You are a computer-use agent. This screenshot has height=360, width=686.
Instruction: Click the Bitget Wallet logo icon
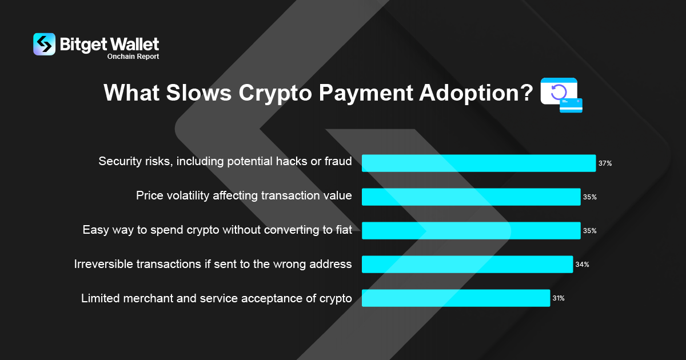45,45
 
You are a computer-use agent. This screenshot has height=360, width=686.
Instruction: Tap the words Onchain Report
133,57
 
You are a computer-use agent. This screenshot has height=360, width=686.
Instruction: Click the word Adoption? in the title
476,93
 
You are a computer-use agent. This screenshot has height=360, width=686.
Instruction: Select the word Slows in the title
199,93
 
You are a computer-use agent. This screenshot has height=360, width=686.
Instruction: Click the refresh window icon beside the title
559,91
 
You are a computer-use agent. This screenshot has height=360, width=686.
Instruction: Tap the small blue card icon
571,106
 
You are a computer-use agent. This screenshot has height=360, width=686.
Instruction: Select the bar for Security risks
478,163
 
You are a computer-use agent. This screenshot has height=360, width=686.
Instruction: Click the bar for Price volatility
471,197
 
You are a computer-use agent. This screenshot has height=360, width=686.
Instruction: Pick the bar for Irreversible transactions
468,264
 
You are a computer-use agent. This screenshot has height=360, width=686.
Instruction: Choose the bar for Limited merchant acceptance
456,298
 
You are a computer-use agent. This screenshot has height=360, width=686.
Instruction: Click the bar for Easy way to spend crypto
471,230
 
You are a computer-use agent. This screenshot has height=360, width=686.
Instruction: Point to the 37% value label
605,163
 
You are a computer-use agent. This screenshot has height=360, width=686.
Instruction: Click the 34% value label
582,265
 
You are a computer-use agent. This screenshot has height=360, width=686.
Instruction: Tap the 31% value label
559,298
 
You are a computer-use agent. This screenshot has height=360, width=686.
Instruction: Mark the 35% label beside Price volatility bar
590,197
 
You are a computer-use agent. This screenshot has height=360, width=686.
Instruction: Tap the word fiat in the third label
344,230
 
